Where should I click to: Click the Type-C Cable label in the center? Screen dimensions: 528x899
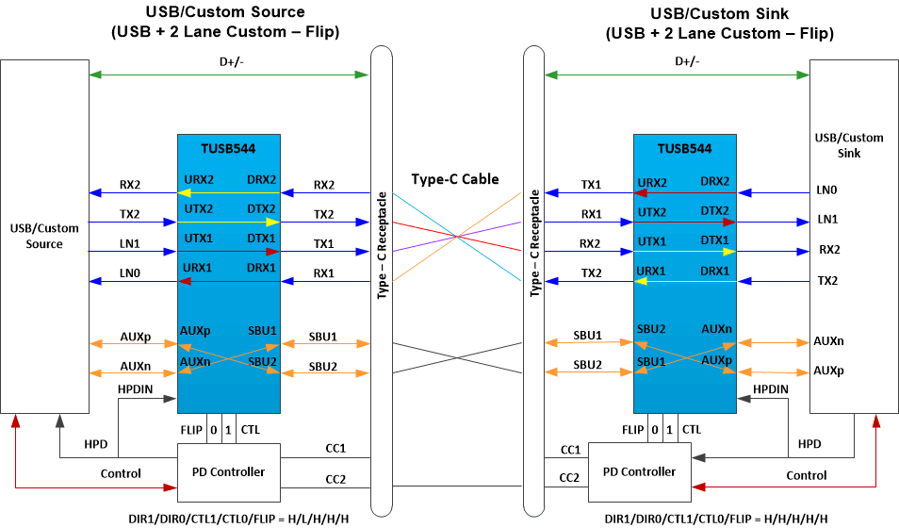click(455, 179)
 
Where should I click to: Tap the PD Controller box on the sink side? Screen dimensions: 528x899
click(638, 471)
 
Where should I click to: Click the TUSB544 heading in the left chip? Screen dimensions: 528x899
click(228, 148)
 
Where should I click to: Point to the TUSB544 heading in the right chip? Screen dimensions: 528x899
click(684, 148)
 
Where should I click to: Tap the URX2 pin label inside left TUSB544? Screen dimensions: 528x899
click(198, 179)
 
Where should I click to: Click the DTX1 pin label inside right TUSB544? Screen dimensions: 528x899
click(715, 240)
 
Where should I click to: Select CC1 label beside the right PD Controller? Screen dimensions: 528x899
click(570, 450)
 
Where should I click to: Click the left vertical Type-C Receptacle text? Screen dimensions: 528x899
click(383, 246)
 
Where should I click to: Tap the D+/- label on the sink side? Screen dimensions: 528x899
click(687, 61)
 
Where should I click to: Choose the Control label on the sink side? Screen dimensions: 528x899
click(806, 475)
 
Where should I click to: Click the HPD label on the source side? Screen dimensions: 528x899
click(96, 443)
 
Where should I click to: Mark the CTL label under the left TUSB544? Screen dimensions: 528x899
click(248, 430)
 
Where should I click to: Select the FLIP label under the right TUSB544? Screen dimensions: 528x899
click(635, 430)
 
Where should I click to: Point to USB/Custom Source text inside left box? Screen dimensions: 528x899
click(44, 236)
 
